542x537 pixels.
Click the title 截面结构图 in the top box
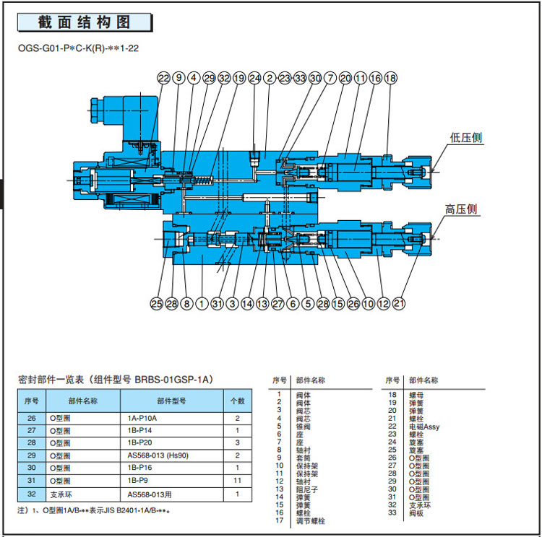tap(85, 22)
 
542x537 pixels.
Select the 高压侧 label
tap(461, 209)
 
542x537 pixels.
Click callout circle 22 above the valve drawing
tap(164, 78)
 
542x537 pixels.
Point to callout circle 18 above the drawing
tap(391, 78)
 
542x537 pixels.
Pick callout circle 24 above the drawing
tap(254, 78)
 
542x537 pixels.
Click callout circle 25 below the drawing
tap(157, 304)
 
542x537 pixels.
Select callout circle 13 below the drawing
tap(262, 304)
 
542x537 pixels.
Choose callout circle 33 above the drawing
tap(300, 78)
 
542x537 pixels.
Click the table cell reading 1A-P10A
tap(142, 418)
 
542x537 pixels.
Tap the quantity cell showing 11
tap(238, 480)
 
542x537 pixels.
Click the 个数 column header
tap(238, 400)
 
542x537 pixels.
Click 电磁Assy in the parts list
tap(424, 427)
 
